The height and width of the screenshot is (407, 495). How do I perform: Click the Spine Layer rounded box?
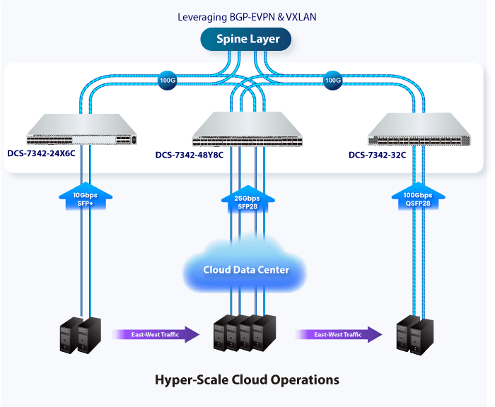[x=246, y=39]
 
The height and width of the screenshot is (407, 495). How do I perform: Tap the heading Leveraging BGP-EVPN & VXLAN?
[x=247, y=17]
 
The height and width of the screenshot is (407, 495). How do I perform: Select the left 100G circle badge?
[x=167, y=80]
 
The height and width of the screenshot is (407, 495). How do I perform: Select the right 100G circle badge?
[x=333, y=80]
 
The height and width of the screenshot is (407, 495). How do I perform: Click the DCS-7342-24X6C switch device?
[x=81, y=129]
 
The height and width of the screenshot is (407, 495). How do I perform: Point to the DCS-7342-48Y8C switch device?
[x=248, y=129]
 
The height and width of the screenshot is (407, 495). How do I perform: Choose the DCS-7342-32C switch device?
[x=419, y=129]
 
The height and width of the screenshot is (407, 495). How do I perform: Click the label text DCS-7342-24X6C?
[x=41, y=153]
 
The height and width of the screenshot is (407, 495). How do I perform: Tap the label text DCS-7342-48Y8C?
[x=190, y=155]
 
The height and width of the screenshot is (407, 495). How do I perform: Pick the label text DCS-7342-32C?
[x=377, y=155]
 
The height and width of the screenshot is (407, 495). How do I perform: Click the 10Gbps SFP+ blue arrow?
[x=86, y=196]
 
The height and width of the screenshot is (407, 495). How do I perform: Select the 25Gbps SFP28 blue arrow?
[x=248, y=199]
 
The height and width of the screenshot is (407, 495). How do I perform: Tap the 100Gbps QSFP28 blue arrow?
[x=419, y=196]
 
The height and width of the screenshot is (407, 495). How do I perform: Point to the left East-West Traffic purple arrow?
[x=156, y=334]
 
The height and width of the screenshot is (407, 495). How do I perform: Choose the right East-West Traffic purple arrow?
[x=339, y=334]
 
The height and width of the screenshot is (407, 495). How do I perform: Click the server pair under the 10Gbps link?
[x=81, y=335]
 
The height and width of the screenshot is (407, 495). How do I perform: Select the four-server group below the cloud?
[x=245, y=334]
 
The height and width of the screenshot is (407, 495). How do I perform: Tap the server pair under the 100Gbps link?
[x=415, y=335]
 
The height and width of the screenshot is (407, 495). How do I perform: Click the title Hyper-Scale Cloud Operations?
[x=247, y=380]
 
